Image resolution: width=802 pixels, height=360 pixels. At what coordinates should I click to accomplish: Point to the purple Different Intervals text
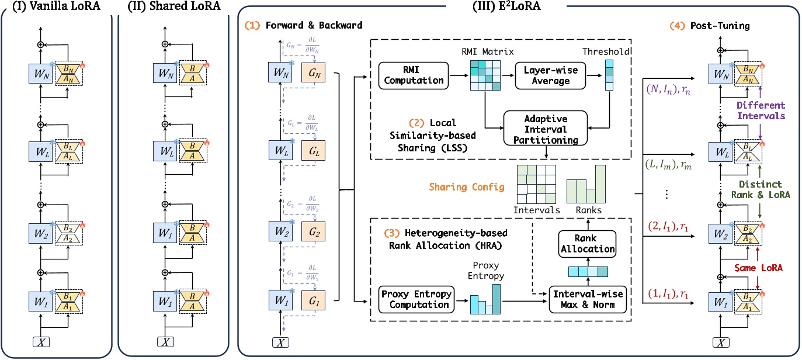[759, 112]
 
